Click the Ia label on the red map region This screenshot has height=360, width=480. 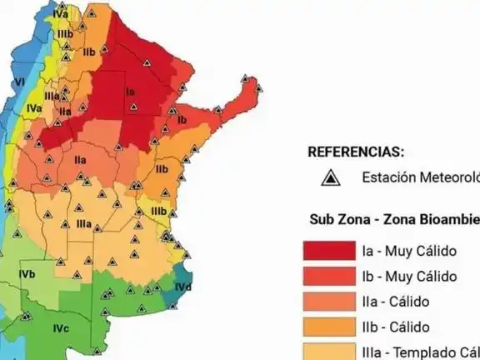coord(130,92)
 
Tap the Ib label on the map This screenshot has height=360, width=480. coord(182,120)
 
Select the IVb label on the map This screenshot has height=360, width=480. coord(27,274)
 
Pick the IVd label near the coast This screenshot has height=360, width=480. coord(183,287)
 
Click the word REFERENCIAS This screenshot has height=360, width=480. coord(356,152)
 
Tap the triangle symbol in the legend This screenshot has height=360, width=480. coord(332,177)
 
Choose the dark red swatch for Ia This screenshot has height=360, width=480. coord(327,251)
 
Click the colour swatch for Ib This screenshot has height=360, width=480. coord(327,276)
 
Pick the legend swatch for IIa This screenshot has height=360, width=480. coord(327,301)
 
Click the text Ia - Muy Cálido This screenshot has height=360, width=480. coord(409,251)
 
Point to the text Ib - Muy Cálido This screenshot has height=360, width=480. coord(409,276)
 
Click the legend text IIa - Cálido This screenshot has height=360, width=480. coord(396,301)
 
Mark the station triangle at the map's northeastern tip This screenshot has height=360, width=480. coord(247,80)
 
